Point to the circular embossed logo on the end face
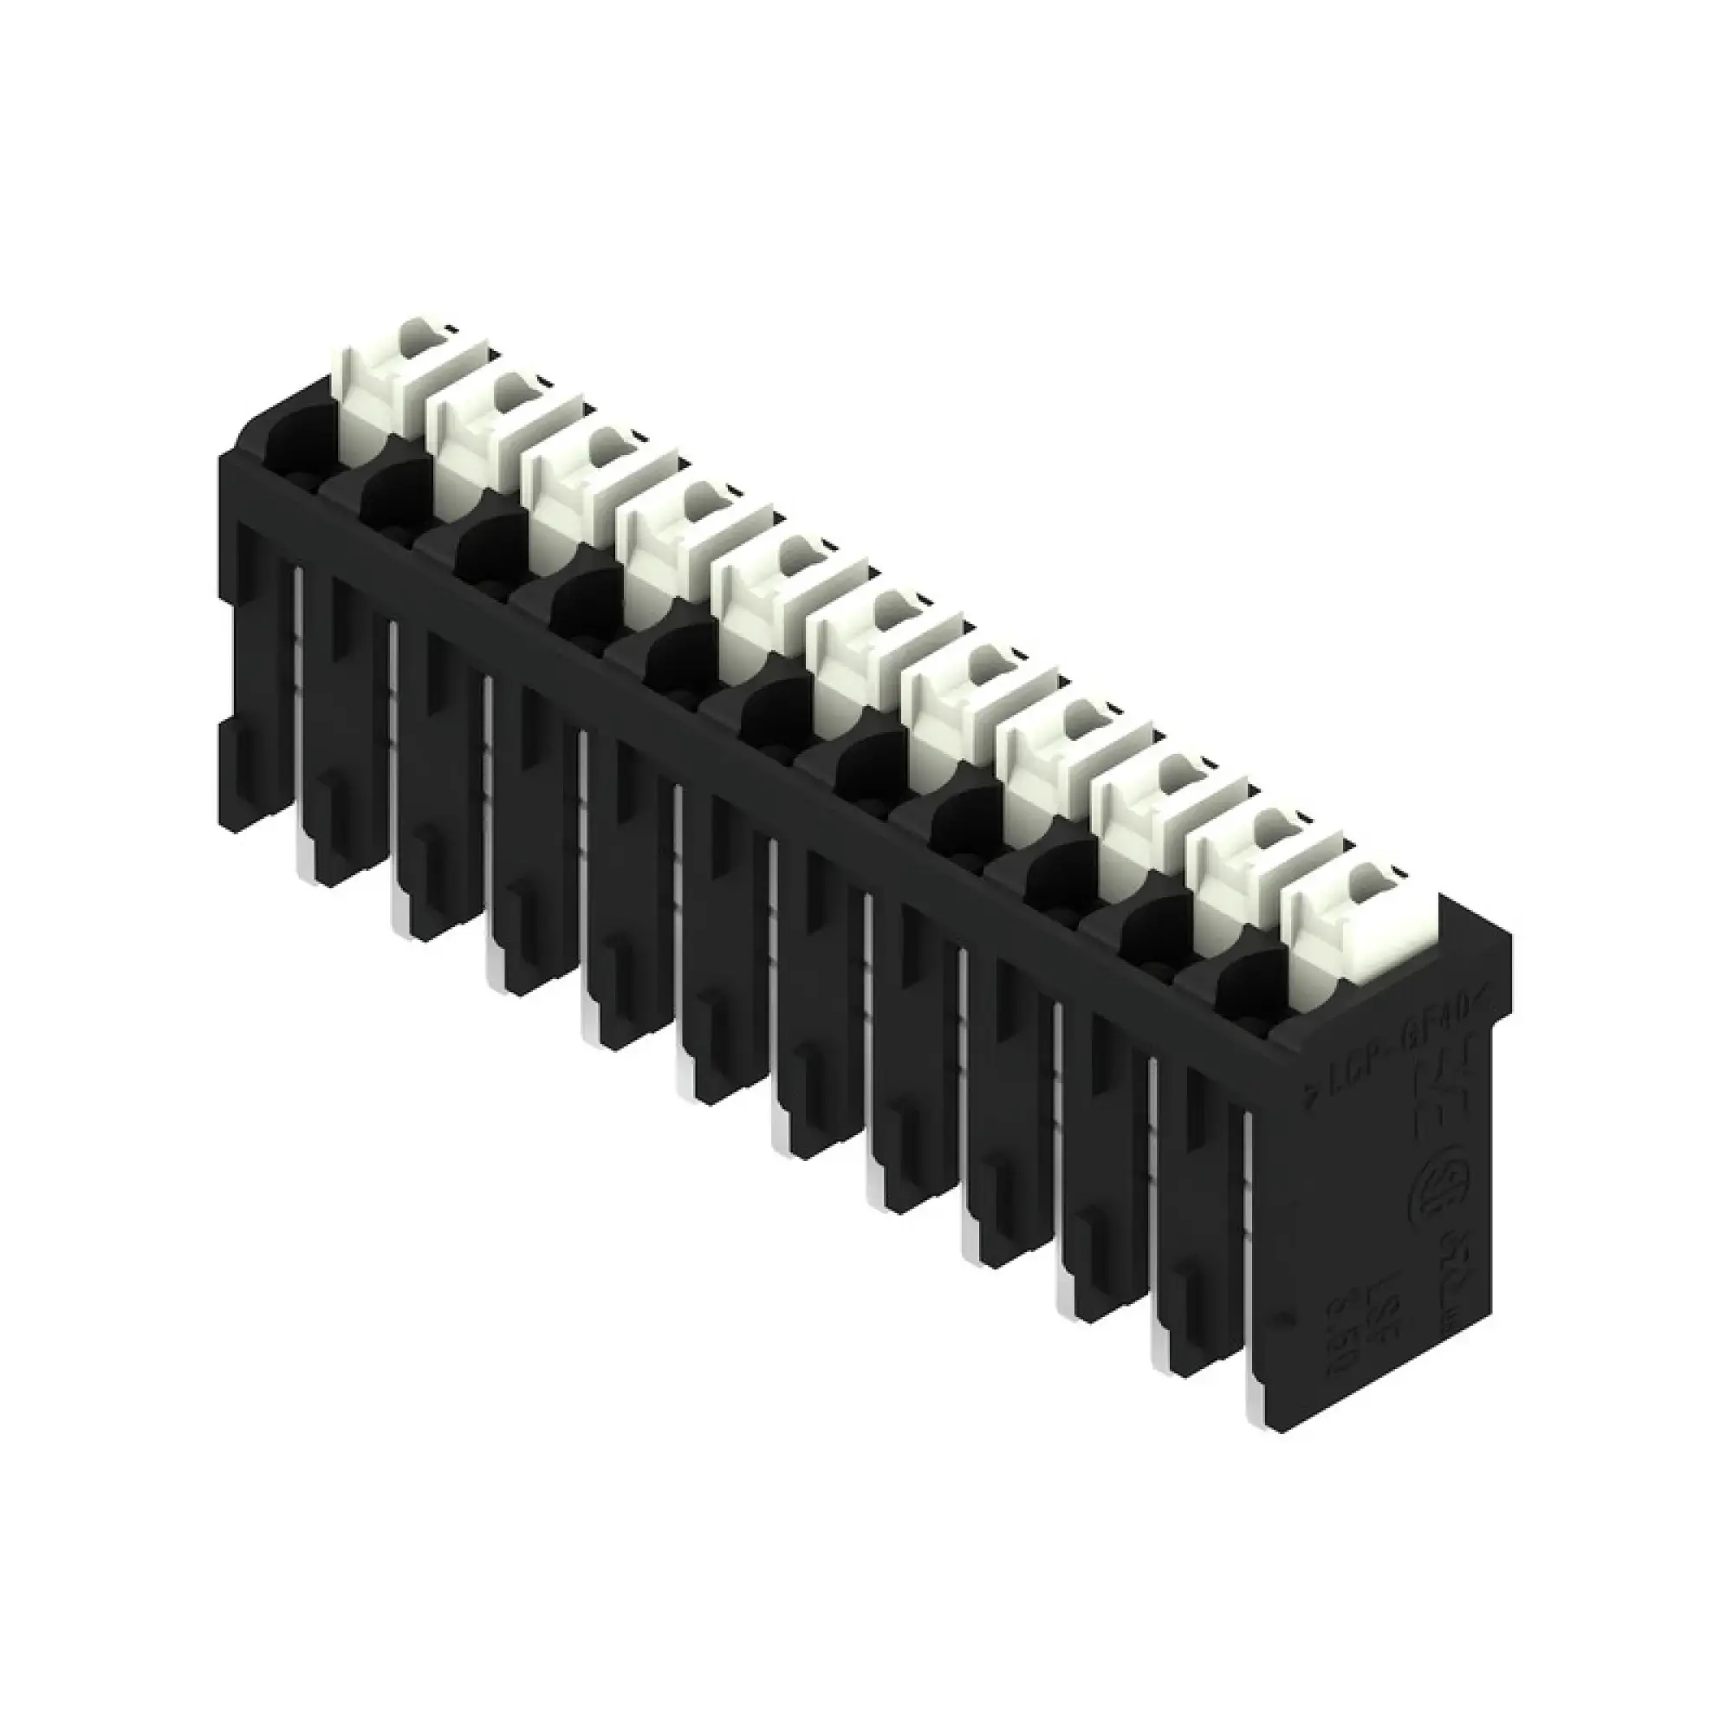[1435, 1193]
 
